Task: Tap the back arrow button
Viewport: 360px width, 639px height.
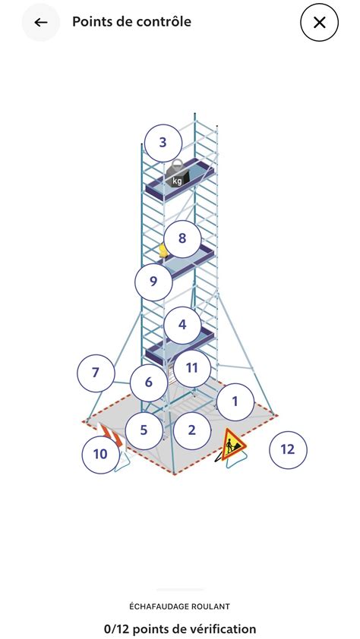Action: point(41,22)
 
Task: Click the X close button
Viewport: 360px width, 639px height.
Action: point(319,23)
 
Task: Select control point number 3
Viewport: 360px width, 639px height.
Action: point(163,142)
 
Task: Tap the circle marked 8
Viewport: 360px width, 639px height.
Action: point(182,238)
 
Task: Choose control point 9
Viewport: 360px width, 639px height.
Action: point(153,282)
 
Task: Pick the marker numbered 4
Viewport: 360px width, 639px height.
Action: point(182,324)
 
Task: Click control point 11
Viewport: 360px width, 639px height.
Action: point(192,367)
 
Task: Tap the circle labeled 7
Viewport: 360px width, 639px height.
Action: point(96,372)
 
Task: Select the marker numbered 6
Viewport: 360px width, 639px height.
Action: point(149,382)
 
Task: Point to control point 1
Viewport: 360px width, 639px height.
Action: point(235,401)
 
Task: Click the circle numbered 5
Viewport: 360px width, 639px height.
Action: point(144,430)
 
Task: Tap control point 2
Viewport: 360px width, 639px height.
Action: point(191,430)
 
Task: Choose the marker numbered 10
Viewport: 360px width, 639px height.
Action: point(100,455)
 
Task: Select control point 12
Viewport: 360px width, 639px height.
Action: point(288,449)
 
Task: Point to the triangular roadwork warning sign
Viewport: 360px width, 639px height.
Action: point(232,444)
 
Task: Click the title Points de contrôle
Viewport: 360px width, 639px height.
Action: point(131,22)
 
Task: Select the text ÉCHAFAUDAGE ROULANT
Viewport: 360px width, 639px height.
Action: point(180,606)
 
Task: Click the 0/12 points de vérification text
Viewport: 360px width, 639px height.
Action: point(180,628)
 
